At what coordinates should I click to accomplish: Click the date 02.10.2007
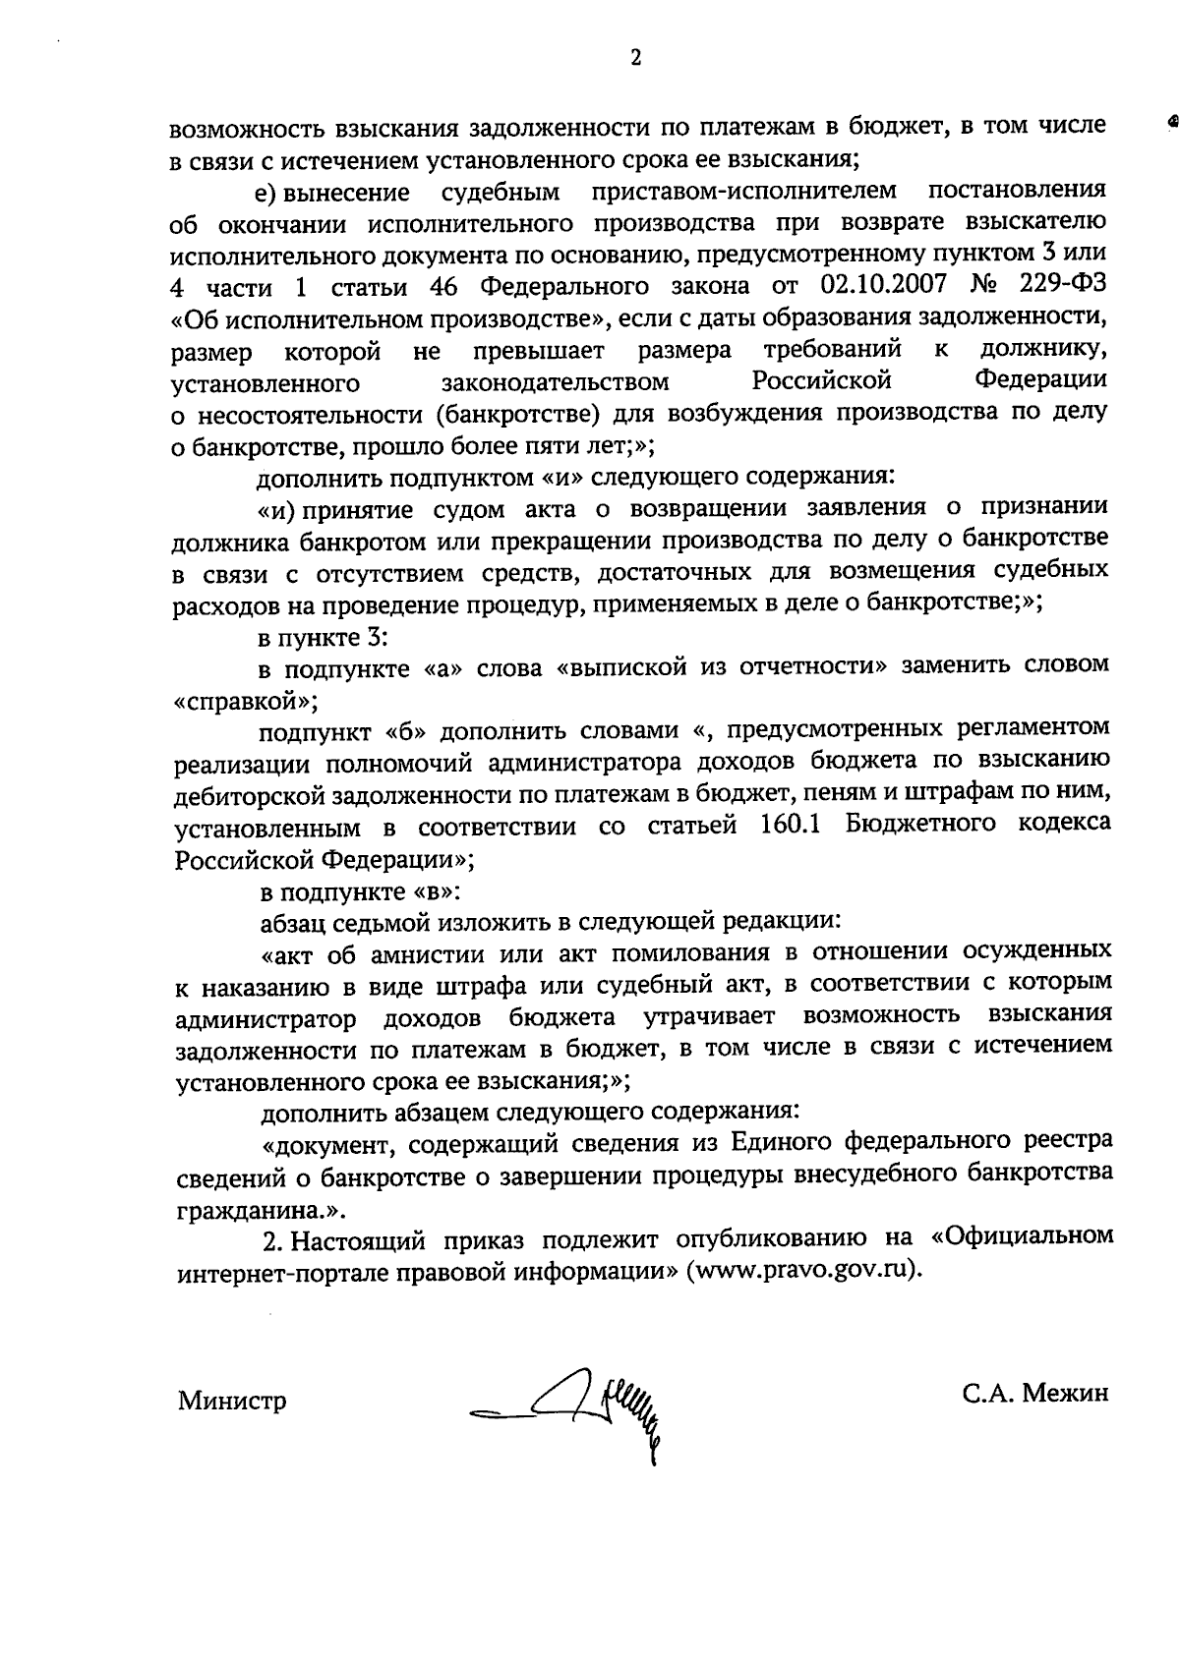click(x=881, y=286)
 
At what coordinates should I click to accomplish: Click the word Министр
click(x=232, y=1401)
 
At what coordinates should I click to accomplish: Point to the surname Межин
click(x=1066, y=1394)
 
